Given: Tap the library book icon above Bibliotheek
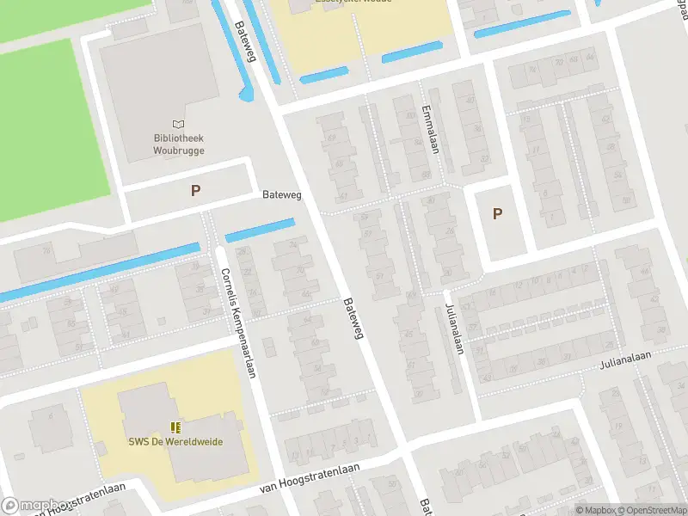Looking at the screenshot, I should click(x=178, y=126).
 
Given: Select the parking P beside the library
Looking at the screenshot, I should click(x=196, y=191).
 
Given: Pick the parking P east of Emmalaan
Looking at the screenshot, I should click(x=497, y=214).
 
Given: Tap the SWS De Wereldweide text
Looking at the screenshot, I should click(x=175, y=442).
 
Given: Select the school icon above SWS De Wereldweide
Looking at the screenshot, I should click(x=175, y=427).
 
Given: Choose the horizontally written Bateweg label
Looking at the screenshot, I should click(x=282, y=195).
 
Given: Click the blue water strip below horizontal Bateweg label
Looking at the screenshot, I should click(x=260, y=230).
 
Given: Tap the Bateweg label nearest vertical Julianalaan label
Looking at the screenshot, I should click(x=353, y=318).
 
